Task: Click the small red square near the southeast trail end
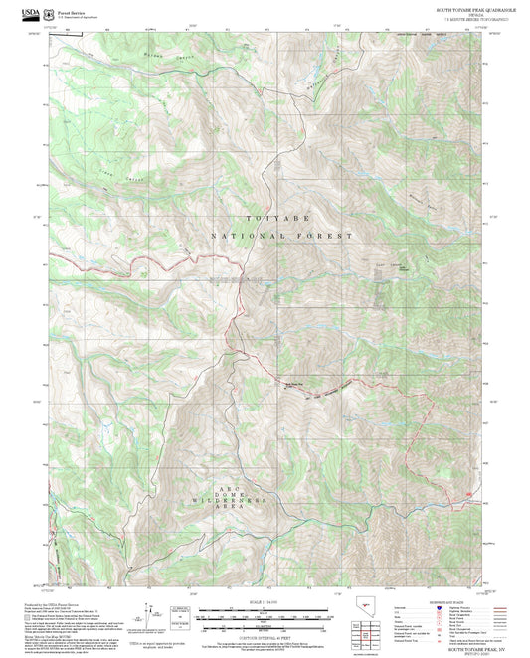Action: (x=466, y=492)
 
